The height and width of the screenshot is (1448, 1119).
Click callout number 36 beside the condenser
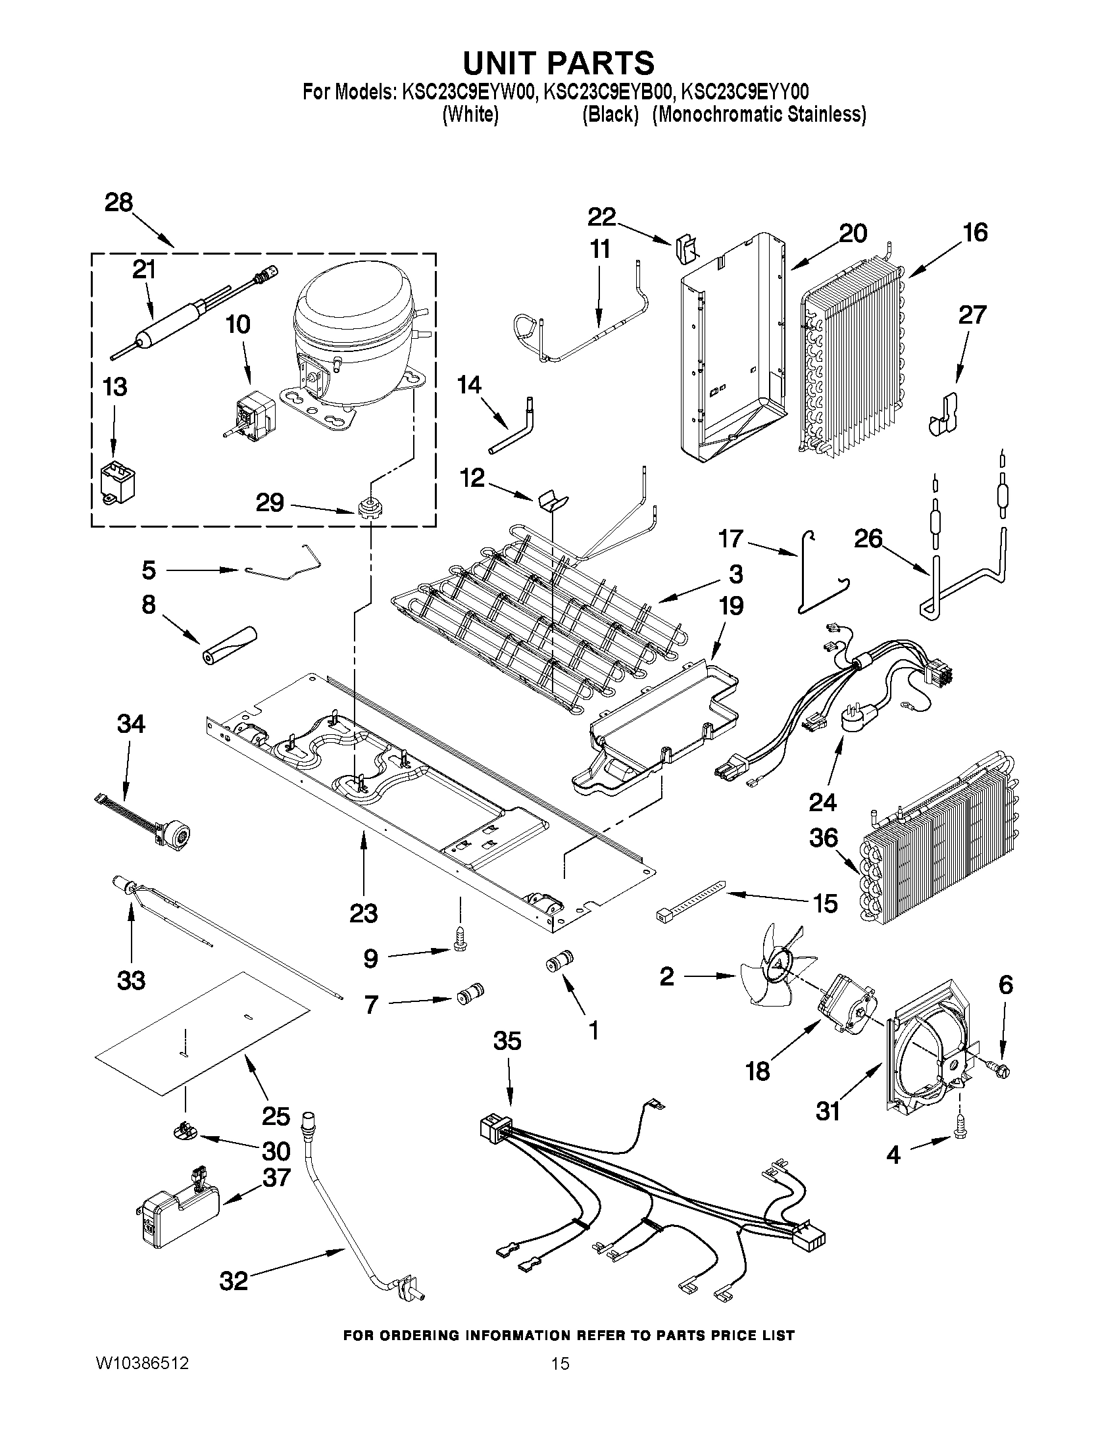click(824, 838)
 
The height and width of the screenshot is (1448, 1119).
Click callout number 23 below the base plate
click(363, 913)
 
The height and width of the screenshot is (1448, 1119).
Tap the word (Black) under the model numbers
click(610, 114)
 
